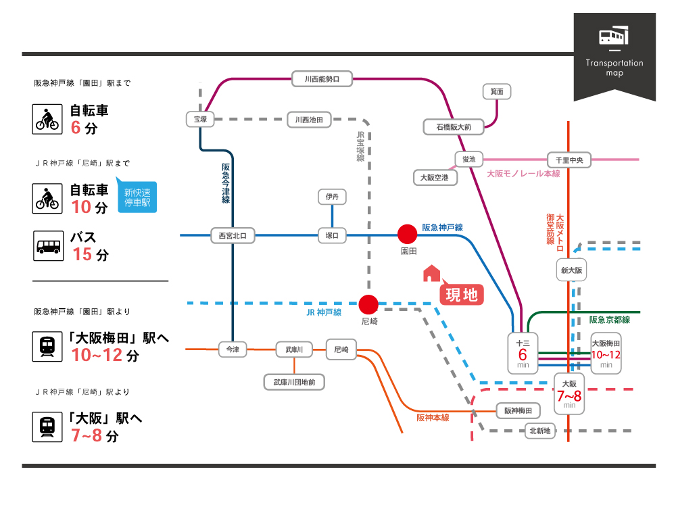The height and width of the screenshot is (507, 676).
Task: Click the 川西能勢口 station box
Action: click(322, 79)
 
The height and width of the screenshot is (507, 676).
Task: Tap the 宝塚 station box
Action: click(200, 119)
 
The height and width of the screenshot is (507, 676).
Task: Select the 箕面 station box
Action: click(497, 91)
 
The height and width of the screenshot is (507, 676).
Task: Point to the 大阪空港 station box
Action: click(435, 177)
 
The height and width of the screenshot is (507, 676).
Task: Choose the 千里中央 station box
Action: click(569, 160)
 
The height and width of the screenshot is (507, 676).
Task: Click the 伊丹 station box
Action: click(332, 197)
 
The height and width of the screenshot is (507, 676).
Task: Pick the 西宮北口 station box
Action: click(233, 235)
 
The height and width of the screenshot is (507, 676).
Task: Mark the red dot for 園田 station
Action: click(407, 234)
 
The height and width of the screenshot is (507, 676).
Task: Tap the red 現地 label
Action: click(462, 295)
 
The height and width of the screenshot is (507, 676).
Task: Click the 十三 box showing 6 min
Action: click(523, 353)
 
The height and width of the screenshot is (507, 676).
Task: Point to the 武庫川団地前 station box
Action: click(294, 382)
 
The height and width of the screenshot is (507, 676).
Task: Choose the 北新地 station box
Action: click(540, 430)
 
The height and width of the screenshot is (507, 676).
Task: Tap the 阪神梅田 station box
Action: click(518, 410)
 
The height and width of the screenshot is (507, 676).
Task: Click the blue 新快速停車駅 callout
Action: click(137, 196)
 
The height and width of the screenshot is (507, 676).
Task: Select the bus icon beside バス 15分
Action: click(48, 246)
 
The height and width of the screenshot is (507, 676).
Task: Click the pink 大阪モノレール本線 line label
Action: click(523, 174)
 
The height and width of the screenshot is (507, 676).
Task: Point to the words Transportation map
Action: click(614, 68)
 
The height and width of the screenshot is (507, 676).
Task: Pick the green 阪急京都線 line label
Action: click(609, 320)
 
